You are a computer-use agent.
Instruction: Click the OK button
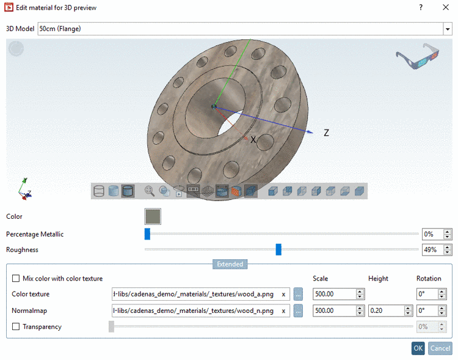(418, 348)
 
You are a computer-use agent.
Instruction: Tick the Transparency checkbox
(16, 327)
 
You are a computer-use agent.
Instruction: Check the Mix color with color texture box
(16, 279)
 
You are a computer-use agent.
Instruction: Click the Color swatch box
(152, 216)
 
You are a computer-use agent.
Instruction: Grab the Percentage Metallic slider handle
(147, 234)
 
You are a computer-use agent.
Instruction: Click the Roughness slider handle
(278, 249)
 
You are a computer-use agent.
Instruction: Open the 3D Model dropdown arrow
(446, 29)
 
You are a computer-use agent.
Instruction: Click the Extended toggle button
(230, 265)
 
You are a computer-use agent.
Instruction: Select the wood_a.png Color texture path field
(194, 294)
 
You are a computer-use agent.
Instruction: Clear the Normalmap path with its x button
(283, 310)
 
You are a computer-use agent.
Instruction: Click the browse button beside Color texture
(298, 294)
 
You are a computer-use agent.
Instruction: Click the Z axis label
(326, 133)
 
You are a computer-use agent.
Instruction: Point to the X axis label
(253, 140)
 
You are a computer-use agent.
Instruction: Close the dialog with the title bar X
(446, 8)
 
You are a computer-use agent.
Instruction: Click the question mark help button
(420, 8)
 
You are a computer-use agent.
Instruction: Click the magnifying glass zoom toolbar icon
(150, 191)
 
